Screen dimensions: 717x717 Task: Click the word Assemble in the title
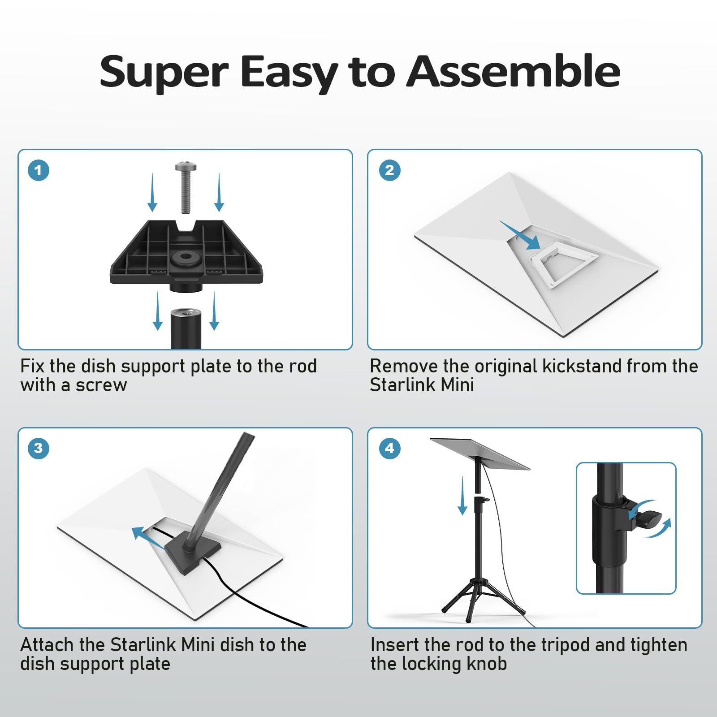click(x=513, y=71)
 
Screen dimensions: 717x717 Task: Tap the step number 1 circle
click(x=38, y=170)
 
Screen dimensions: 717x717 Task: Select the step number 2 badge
click(x=389, y=170)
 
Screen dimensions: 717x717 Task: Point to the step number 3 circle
click(x=38, y=448)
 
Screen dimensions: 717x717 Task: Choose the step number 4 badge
click(x=389, y=448)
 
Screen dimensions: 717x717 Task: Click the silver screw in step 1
click(x=186, y=187)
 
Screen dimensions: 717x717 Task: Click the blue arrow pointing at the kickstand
click(x=520, y=235)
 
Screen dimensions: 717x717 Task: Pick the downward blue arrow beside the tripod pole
click(x=462, y=496)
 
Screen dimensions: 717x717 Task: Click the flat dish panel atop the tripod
click(x=480, y=454)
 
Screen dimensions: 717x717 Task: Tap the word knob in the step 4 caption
click(x=487, y=664)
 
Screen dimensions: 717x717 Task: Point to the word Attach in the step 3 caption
click(x=47, y=645)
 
